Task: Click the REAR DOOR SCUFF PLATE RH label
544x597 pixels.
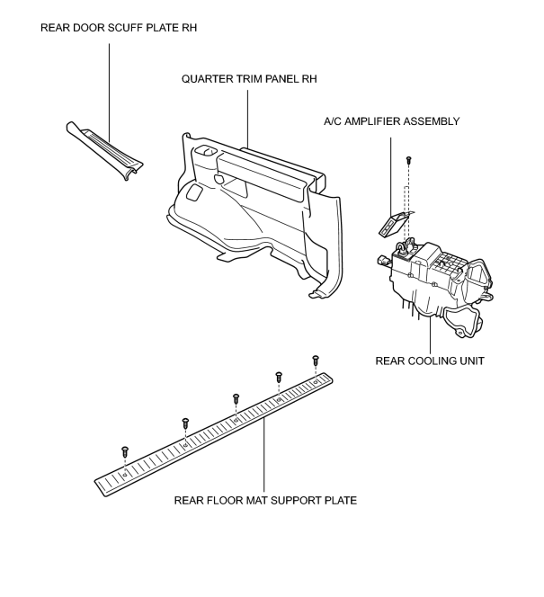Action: (x=119, y=28)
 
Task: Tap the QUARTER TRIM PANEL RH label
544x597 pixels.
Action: (x=249, y=79)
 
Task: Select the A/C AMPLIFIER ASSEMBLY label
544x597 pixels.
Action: (x=392, y=121)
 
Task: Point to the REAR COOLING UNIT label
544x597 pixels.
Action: (x=430, y=361)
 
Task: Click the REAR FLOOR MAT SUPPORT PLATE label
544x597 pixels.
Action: (x=265, y=500)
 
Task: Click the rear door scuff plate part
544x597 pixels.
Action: (x=104, y=150)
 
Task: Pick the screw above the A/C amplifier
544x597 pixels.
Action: (x=409, y=159)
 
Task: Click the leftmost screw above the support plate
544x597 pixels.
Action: (x=125, y=451)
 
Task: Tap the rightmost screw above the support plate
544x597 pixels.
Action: (x=316, y=361)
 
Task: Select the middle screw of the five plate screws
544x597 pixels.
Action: (x=236, y=399)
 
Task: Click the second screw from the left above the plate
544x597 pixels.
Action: (x=185, y=423)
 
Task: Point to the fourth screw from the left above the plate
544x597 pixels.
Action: (x=279, y=377)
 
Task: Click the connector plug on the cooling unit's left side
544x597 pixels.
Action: (x=384, y=261)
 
